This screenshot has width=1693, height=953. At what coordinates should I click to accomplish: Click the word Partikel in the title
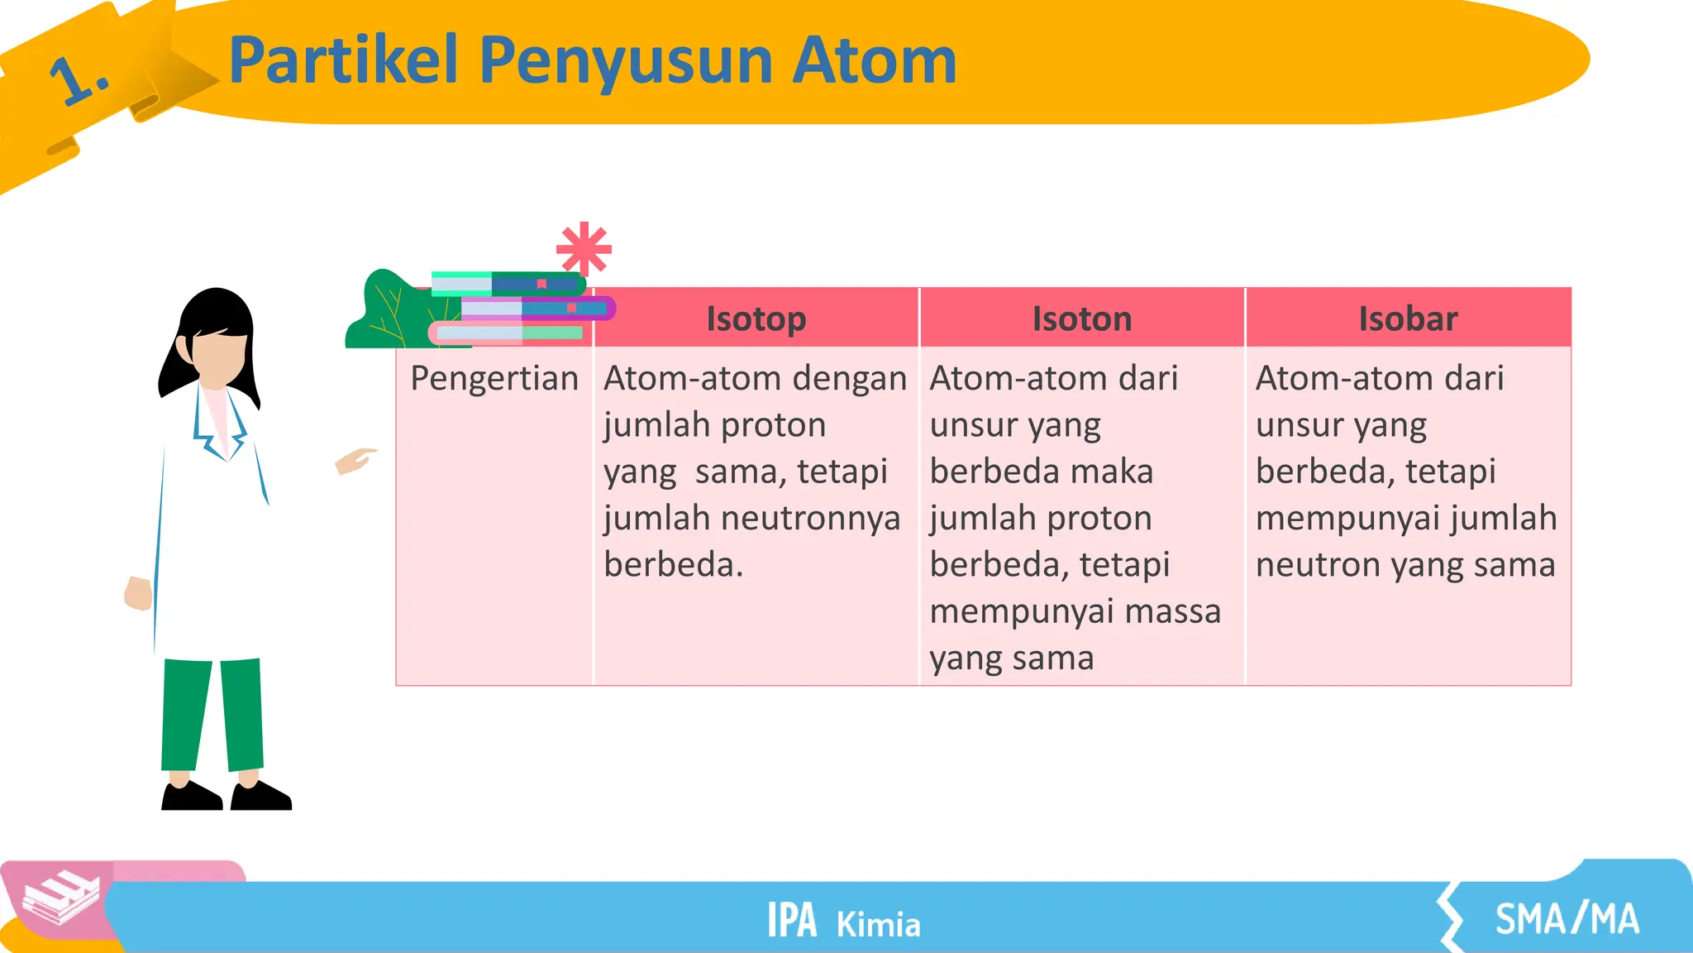(x=342, y=60)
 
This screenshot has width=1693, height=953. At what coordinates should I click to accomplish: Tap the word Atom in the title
(x=874, y=60)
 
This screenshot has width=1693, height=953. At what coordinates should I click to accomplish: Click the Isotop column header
(x=756, y=318)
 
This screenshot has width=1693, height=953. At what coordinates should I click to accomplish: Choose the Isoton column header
(x=1081, y=318)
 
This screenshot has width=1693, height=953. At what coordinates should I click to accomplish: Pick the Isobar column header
(x=1407, y=318)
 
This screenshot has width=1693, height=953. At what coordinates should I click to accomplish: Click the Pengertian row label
(x=494, y=378)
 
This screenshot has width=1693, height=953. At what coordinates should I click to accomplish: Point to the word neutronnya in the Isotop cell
(x=810, y=519)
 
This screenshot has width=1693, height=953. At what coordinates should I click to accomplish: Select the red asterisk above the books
(x=584, y=248)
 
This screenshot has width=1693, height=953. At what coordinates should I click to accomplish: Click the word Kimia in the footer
(x=878, y=925)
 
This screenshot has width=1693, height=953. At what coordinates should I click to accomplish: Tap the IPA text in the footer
(x=791, y=921)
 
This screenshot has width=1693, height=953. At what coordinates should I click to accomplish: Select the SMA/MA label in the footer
(x=1566, y=919)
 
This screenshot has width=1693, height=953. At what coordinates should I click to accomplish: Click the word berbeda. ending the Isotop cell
(x=673, y=565)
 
